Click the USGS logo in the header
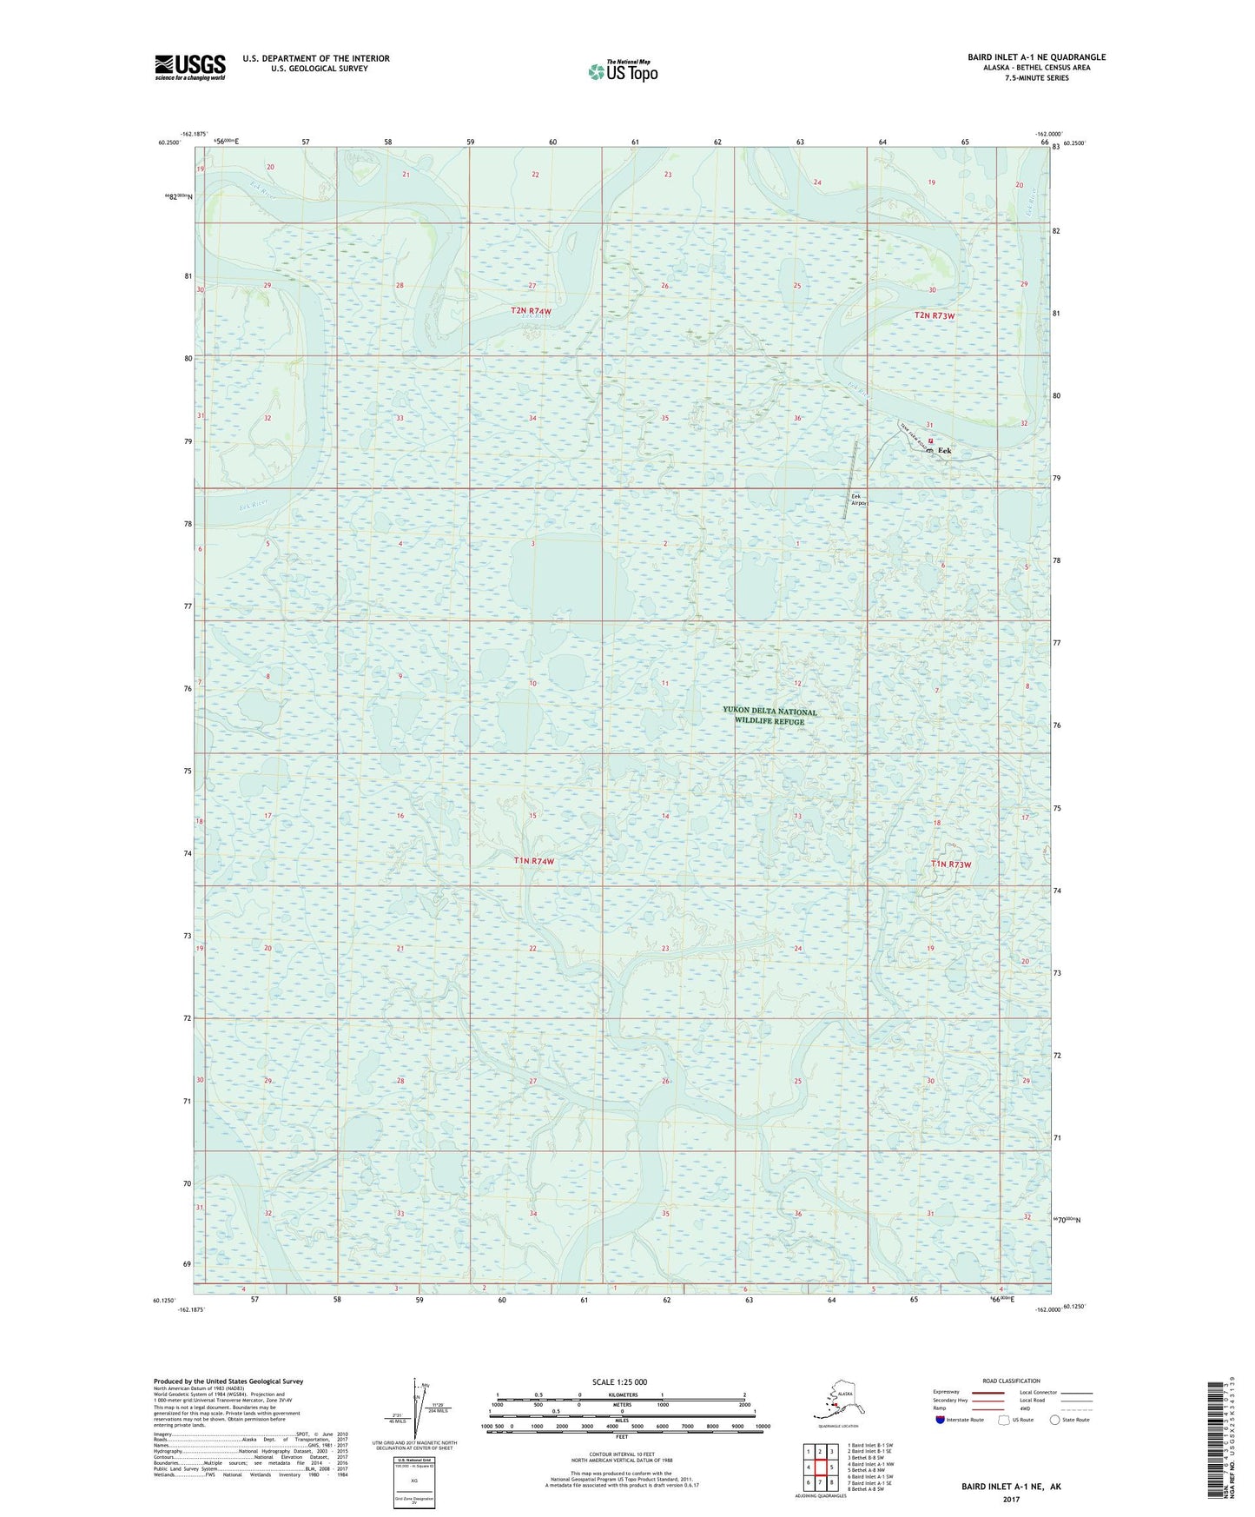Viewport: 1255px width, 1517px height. [189, 67]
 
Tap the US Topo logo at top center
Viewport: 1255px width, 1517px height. [622, 71]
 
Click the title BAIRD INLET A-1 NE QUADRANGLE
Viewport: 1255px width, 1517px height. [1036, 57]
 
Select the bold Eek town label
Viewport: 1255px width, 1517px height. [944, 451]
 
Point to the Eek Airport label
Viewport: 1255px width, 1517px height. [860, 500]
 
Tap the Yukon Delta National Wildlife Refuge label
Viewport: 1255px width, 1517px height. [770, 716]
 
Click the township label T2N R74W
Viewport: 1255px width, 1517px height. [531, 310]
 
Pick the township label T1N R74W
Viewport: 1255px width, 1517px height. [533, 861]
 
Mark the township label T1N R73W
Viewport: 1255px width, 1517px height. [950, 864]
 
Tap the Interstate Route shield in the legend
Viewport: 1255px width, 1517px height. [941, 1420]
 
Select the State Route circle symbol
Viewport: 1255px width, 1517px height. [1055, 1420]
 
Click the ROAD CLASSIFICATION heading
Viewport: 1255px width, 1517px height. [1011, 1381]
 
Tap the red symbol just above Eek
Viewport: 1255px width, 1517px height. [930, 441]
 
